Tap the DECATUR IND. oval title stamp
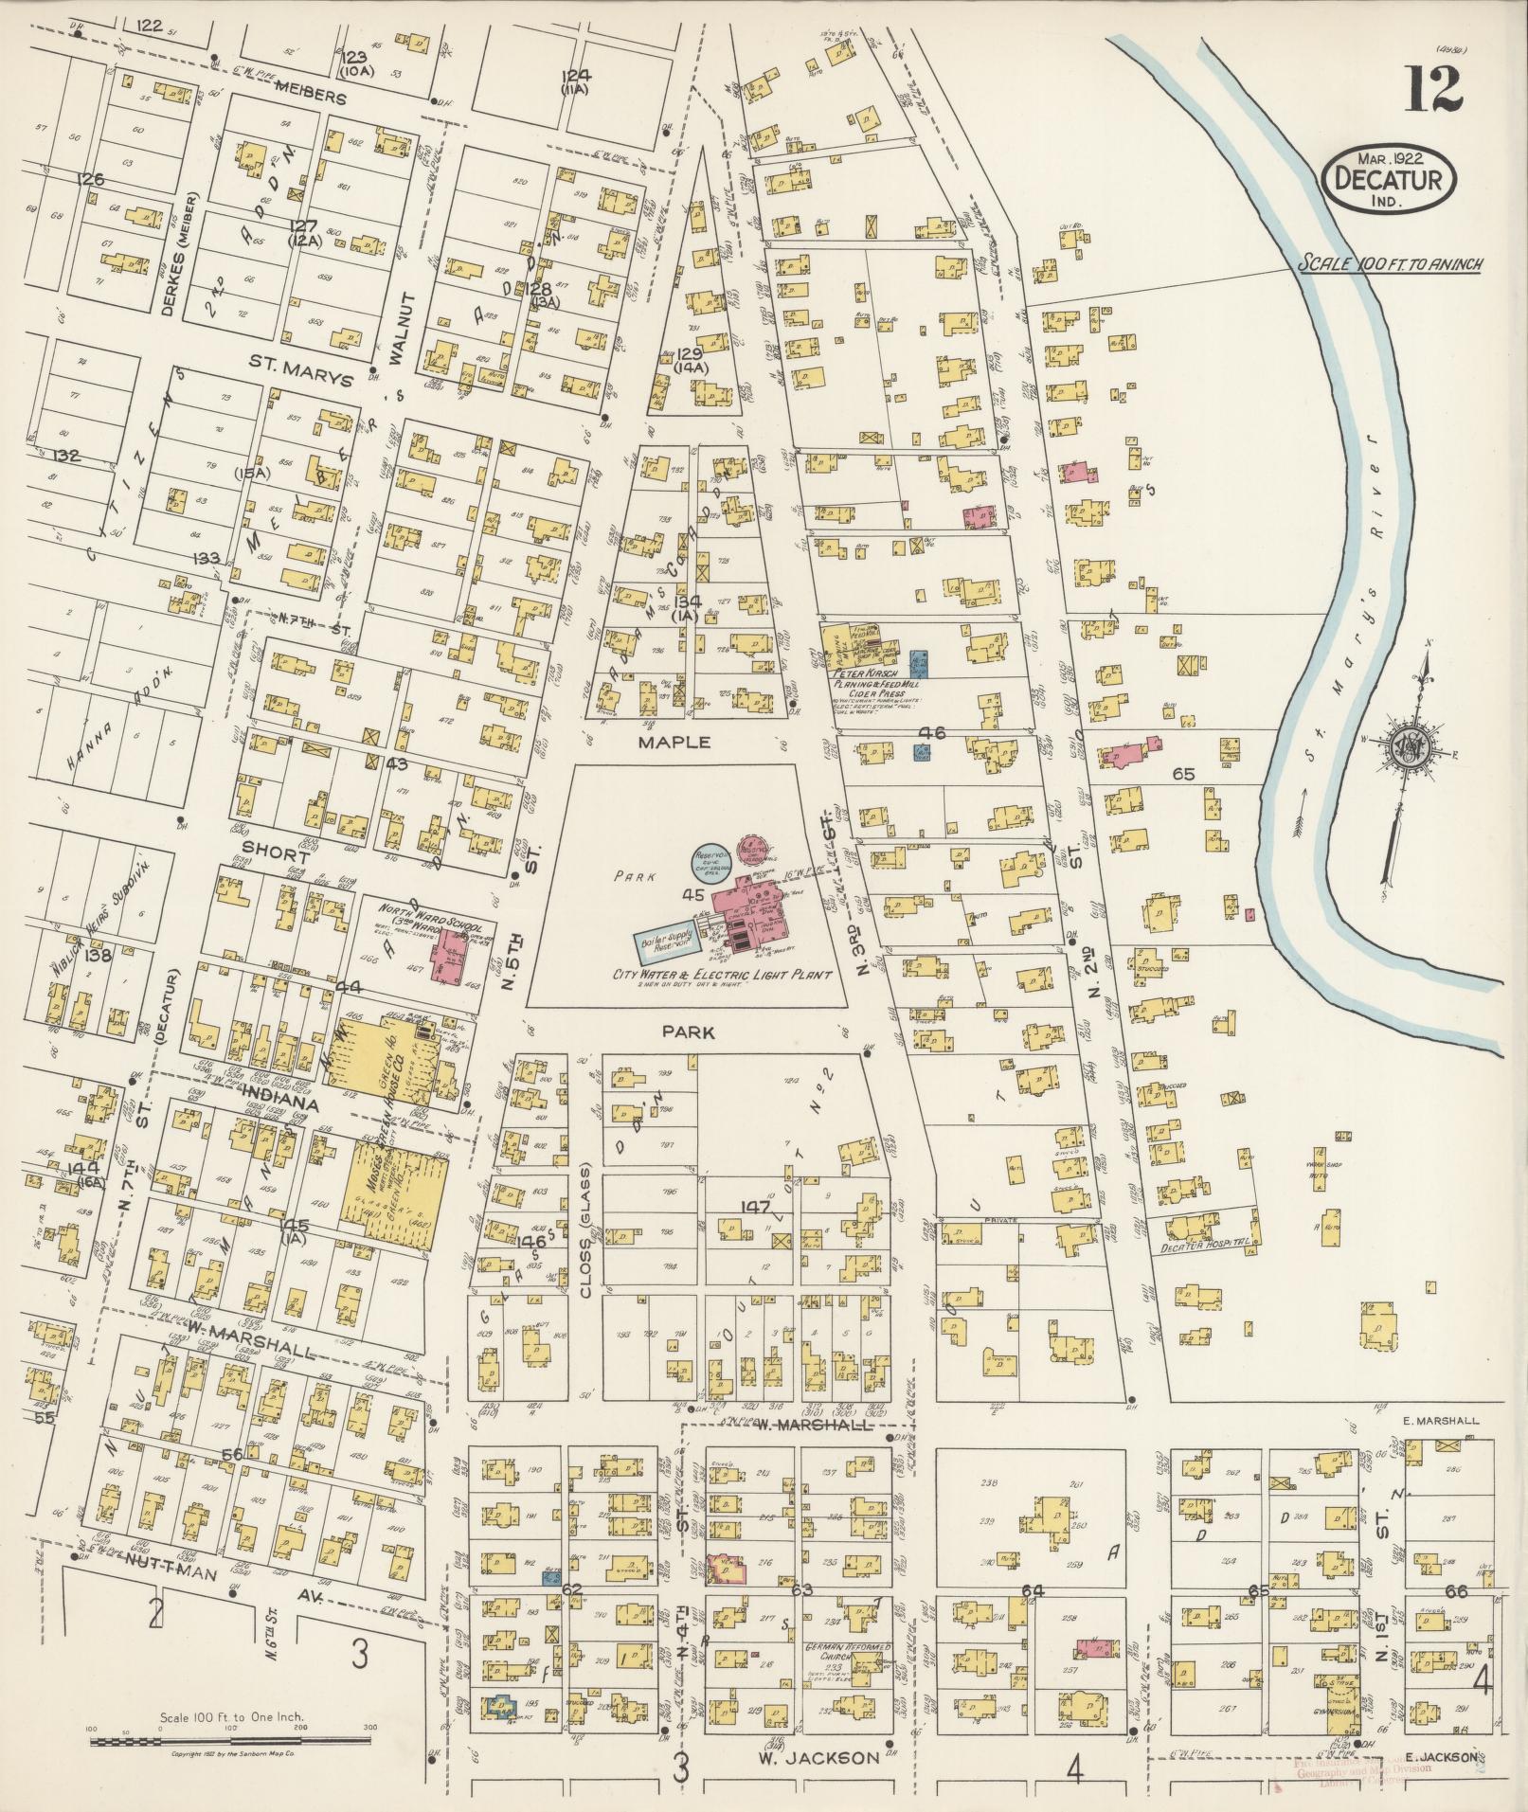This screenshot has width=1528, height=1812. [x=1391, y=178]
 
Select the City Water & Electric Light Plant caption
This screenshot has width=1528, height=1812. [x=722, y=975]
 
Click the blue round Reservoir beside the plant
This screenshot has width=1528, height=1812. [x=710, y=863]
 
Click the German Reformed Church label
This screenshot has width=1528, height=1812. [x=848, y=1652]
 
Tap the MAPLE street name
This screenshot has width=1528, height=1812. [x=674, y=743]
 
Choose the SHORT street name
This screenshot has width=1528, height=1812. [x=275, y=850]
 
